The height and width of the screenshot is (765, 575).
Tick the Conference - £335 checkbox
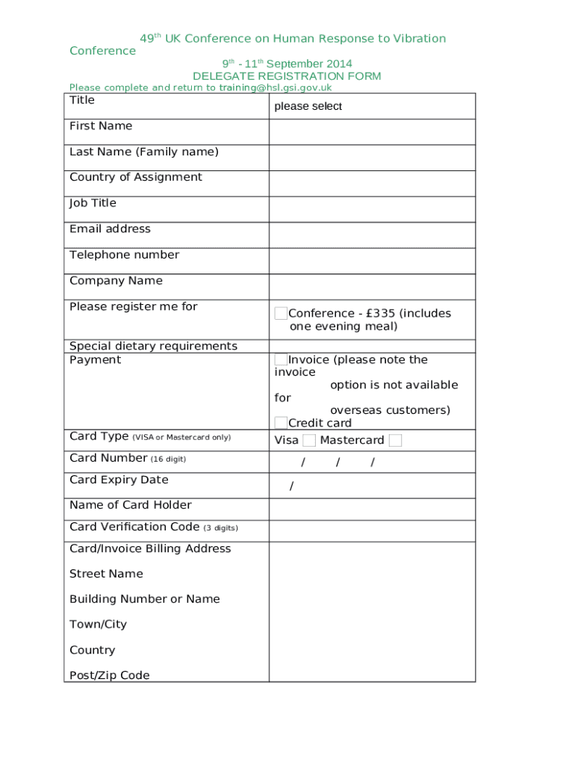281,313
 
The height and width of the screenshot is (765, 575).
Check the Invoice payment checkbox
281,359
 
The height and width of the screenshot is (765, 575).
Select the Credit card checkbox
281,423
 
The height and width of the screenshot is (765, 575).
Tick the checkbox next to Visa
309,441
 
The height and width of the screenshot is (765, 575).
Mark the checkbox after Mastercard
395,441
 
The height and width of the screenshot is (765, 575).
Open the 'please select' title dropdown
372,106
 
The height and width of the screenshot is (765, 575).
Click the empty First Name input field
372,131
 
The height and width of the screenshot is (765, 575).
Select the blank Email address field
372,235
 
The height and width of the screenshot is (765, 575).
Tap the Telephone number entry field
372,261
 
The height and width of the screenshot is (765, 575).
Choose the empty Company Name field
372,287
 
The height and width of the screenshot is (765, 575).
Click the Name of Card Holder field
372,509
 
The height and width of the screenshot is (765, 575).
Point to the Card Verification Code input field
372,530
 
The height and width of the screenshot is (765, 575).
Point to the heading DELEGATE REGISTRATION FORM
287,76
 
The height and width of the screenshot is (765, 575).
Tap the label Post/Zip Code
109,675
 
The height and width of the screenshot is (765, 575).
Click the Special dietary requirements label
153,346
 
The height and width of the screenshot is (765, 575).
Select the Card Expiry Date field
372,486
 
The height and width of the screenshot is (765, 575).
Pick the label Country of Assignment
136,177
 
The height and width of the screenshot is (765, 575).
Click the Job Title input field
372,209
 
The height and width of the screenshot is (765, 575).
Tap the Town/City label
98,625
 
